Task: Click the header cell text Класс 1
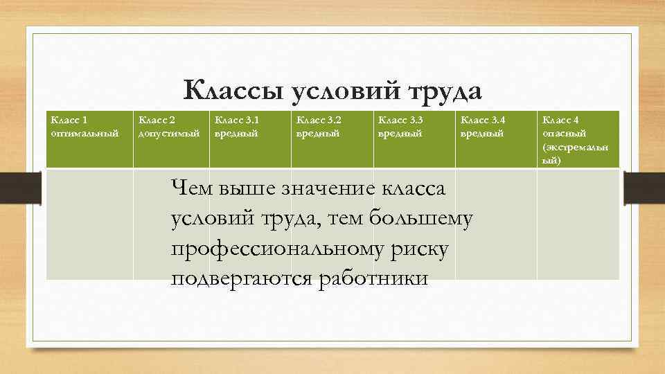(69, 120)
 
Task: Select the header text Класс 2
(158, 120)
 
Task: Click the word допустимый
(169, 132)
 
